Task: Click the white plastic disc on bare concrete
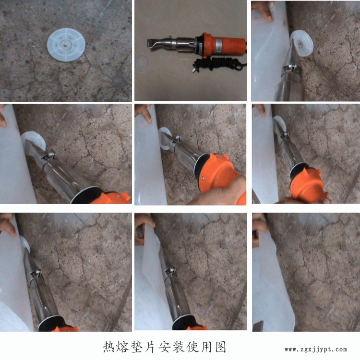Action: (x=66, y=45)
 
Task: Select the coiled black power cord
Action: (x=217, y=63)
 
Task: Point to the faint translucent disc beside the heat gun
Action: (x=142, y=63)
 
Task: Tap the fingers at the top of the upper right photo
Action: (x=264, y=11)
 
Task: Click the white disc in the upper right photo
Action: (x=302, y=44)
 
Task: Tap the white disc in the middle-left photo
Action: (x=33, y=141)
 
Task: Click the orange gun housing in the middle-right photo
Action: (x=307, y=185)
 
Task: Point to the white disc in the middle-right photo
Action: (x=280, y=123)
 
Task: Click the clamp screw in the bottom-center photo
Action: (x=170, y=271)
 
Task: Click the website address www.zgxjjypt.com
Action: (x=316, y=349)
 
